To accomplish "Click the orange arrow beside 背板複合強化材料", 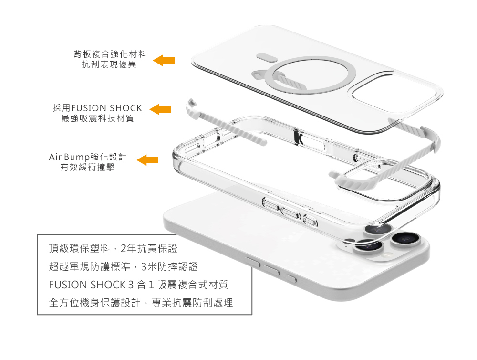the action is click(164, 60).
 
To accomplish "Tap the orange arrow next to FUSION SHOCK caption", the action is click(161, 109).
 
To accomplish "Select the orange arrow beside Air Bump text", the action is click(148, 160).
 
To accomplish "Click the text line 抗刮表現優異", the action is click(109, 64).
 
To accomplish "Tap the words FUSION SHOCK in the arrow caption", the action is click(106, 108).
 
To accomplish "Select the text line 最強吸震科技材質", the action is click(97, 118).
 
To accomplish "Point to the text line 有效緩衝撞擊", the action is click(87, 168).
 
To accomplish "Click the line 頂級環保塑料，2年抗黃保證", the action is click(113, 249).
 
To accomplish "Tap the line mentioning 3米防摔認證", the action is click(123, 266).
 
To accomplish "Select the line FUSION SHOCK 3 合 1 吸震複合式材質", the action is click(138, 285).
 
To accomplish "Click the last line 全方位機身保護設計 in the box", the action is click(141, 303).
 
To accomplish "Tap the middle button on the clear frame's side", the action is click(290, 212).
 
